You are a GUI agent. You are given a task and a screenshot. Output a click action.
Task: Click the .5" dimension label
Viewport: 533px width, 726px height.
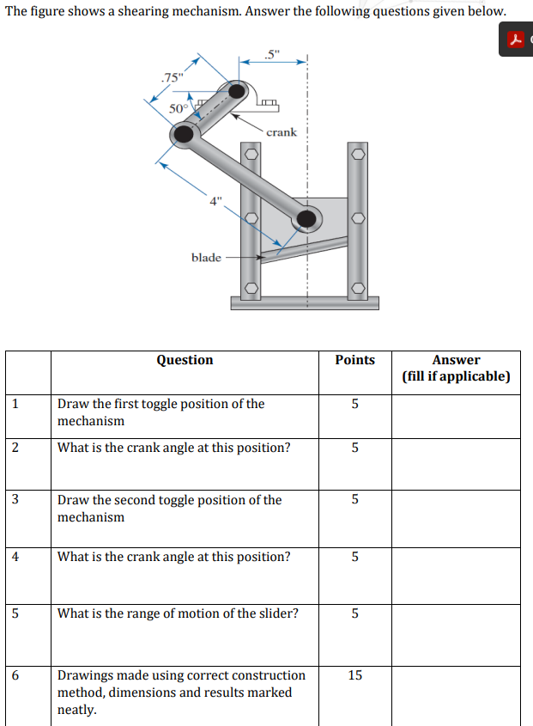click(x=272, y=57)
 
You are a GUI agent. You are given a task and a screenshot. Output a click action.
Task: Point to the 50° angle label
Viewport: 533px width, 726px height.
click(x=178, y=108)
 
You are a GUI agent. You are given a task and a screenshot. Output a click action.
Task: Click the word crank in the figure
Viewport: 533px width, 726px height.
click(x=282, y=132)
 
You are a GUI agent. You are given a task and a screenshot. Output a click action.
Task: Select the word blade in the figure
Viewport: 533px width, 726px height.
click(x=206, y=257)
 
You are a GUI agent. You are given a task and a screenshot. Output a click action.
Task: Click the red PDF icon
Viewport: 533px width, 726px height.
click(x=514, y=40)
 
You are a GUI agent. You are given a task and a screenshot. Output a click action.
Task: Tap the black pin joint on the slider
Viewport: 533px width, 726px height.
click(x=305, y=220)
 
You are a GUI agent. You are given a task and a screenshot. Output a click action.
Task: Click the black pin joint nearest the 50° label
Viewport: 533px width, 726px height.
click(x=184, y=134)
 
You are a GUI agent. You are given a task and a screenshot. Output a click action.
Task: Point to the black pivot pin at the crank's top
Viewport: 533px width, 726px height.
click(x=236, y=91)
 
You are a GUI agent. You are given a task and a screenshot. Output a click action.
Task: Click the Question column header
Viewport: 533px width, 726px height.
click(x=185, y=360)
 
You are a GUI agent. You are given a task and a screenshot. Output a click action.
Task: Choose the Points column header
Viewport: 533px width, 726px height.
click(x=354, y=360)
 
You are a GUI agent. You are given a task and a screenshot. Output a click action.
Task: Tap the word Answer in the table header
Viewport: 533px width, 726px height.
click(x=456, y=360)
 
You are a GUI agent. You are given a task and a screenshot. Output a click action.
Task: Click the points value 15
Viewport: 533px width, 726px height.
click(x=354, y=675)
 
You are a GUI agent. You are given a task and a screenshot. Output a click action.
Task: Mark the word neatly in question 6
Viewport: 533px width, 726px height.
click(x=77, y=710)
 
